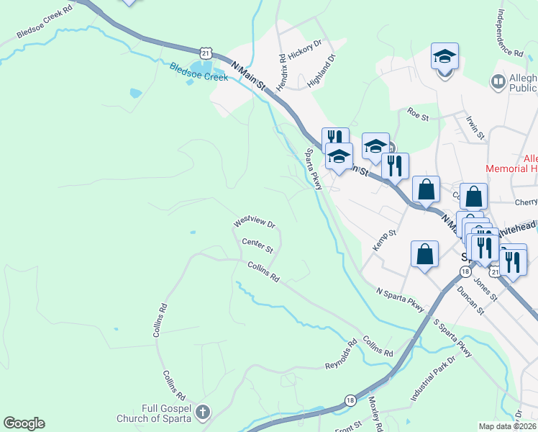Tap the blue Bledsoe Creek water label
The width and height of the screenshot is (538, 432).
pyautogui.click(x=199, y=73)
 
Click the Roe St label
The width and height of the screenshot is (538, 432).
pyautogui.click(x=417, y=112)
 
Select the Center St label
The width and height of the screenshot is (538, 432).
pyautogui.click(x=257, y=246)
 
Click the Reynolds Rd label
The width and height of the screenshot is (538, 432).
pyautogui.click(x=341, y=355)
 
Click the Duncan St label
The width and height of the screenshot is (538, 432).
pyautogui.click(x=470, y=300)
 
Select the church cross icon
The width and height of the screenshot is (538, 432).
pyautogui.click(x=203, y=413)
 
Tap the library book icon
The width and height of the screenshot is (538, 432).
pyautogui.click(x=498, y=83)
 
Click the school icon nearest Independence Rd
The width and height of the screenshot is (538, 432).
pyautogui.click(x=445, y=57)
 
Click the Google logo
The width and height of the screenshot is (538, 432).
pyautogui.click(x=24, y=423)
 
